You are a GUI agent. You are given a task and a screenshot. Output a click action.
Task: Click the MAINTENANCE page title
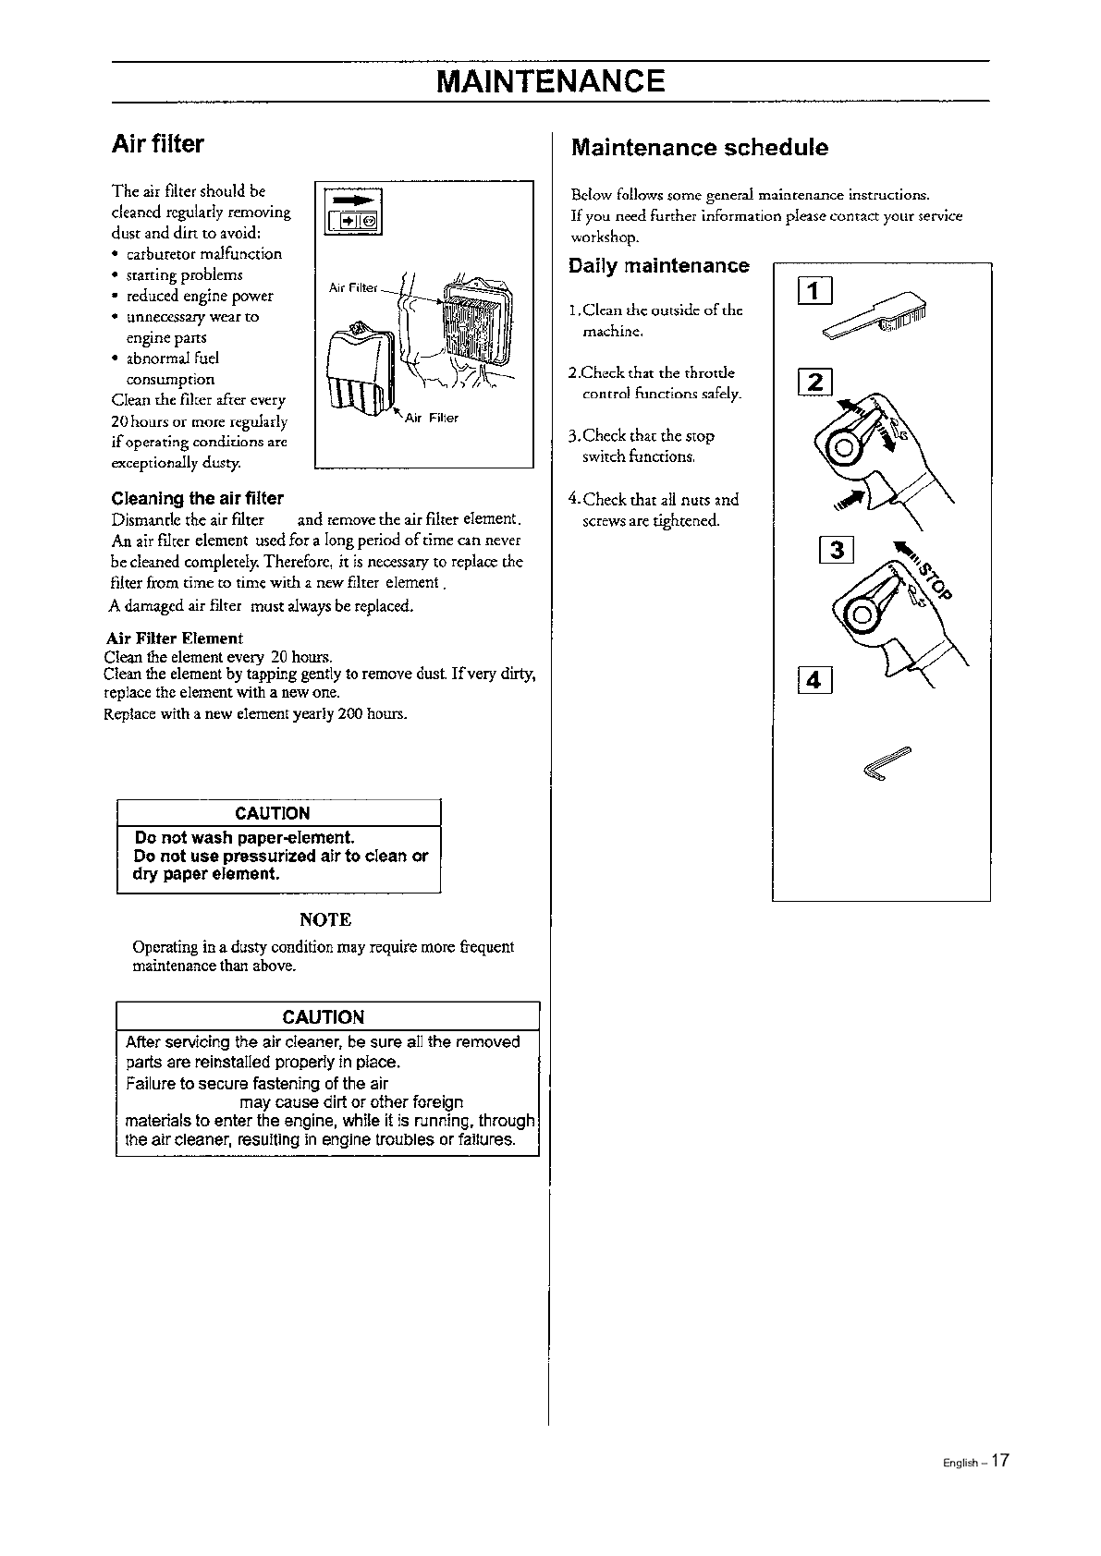tap(551, 81)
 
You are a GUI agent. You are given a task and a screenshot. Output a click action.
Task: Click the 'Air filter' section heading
tap(157, 144)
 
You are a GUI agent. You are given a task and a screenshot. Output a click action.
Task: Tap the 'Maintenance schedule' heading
tap(700, 148)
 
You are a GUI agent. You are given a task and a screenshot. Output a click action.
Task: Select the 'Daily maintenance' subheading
tap(659, 266)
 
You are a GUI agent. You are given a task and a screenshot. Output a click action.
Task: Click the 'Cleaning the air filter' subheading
tap(197, 499)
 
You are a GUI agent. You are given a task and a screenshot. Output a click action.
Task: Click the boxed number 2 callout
tap(815, 381)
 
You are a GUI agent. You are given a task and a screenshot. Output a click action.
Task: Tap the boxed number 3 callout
tap(837, 551)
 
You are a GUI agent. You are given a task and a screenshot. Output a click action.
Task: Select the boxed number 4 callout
tap(814, 680)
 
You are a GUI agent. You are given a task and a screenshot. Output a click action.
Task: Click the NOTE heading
tap(325, 920)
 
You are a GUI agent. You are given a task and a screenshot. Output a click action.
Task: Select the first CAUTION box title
tap(273, 814)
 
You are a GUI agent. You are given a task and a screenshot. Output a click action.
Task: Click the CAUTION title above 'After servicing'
tap(324, 1017)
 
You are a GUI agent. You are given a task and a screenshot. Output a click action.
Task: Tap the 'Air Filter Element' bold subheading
tap(174, 638)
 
